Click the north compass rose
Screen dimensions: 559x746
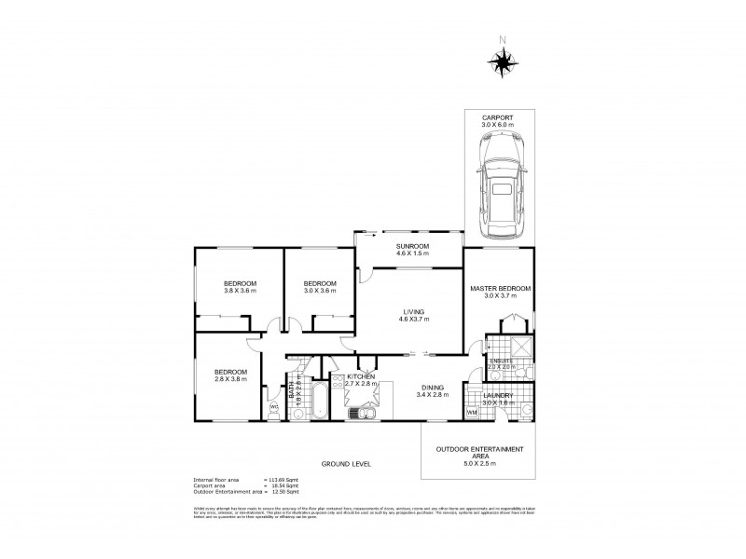(x=503, y=62)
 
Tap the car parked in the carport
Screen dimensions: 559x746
(x=502, y=184)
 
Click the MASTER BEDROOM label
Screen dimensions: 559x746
(x=501, y=289)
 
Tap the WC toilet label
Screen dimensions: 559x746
(x=273, y=407)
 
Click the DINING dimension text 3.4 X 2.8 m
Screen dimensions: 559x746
(x=432, y=395)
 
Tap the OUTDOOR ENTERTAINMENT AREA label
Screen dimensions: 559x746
(x=479, y=453)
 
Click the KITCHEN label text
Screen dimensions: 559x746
(x=361, y=376)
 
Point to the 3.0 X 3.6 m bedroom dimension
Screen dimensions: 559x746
(x=319, y=292)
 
